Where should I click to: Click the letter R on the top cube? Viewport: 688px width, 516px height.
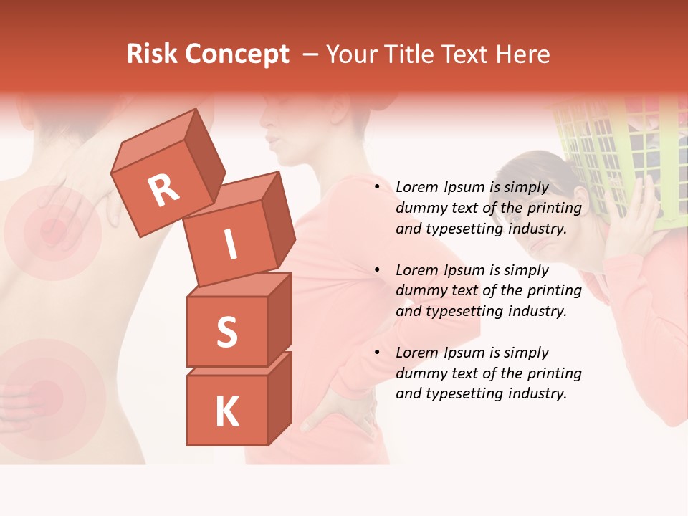point(163,190)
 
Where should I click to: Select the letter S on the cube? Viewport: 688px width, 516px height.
point(226,331)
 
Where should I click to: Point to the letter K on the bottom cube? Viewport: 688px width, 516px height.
point(226,412)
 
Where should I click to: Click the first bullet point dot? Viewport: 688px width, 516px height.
point(377,188)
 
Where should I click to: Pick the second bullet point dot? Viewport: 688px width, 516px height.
point(377,270)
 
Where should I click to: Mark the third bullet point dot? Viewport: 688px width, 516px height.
point(377,353)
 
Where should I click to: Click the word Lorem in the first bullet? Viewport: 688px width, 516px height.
point(415,188)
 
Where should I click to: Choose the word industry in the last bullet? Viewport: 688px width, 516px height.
point(535,393)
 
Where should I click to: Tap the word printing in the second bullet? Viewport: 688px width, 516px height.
point(554,291)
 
